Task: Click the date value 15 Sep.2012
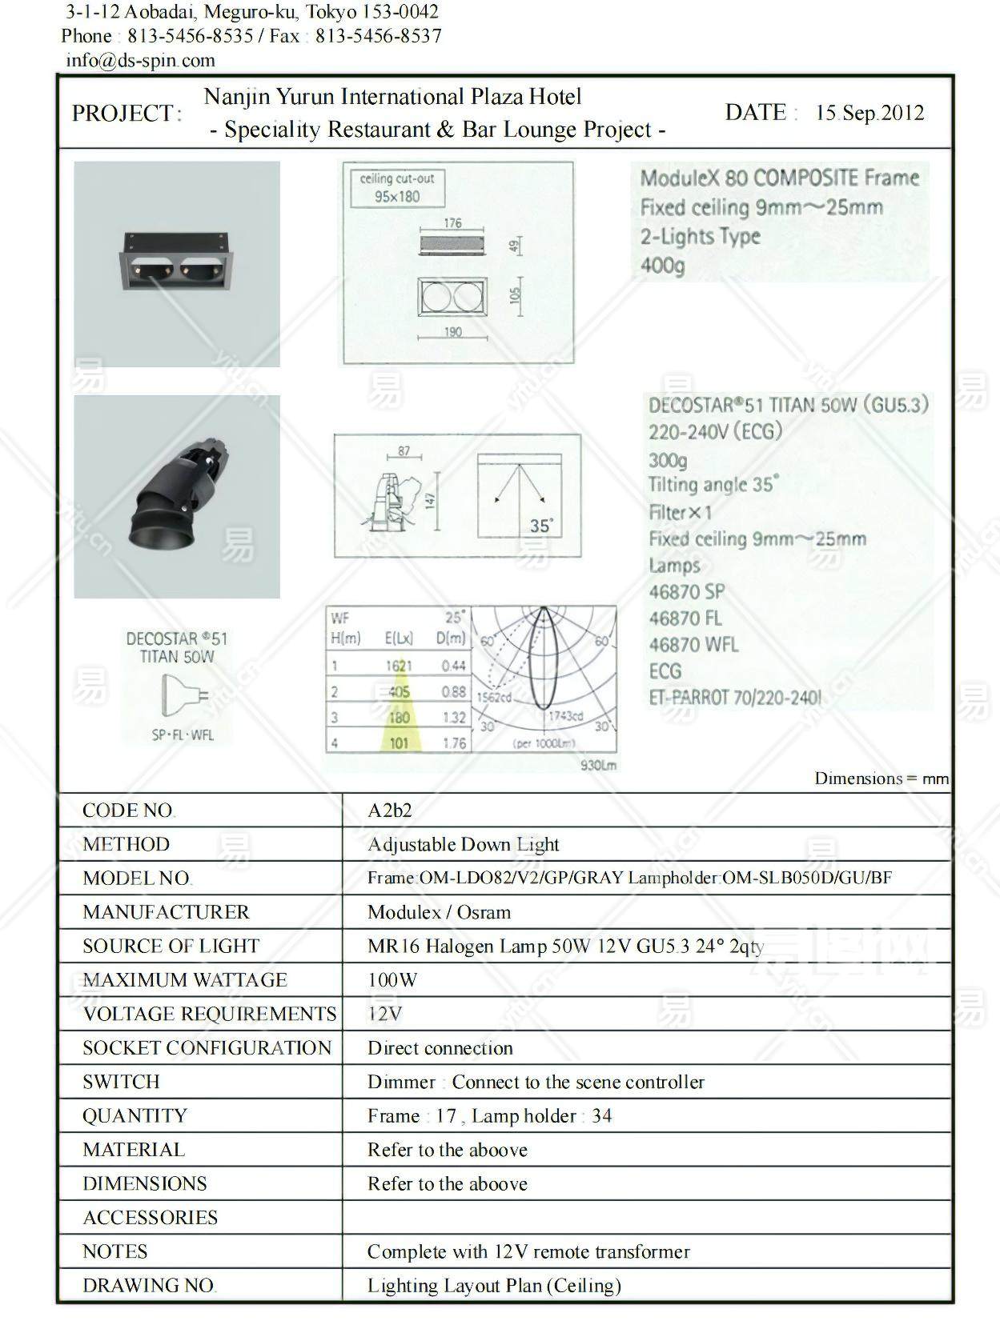(869, 113)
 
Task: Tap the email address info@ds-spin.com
(140, 60)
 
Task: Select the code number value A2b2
(389, 811)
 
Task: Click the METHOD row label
(126, 844)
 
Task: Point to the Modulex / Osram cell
(439, 912)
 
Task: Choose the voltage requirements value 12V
(384, 1014)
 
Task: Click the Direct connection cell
(440, 1048)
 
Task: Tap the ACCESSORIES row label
(150, 1218)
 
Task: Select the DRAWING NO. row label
(149, 1286)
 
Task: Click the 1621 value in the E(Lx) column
(399, 666)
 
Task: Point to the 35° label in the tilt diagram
(541, 526)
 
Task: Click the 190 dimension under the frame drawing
(453, 332)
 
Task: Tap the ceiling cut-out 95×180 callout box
(397, 188)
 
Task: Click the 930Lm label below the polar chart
(599, 766)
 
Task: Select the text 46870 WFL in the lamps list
(693, 645)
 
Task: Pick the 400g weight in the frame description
(662, 266)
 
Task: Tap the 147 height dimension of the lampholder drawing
(430, 500)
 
